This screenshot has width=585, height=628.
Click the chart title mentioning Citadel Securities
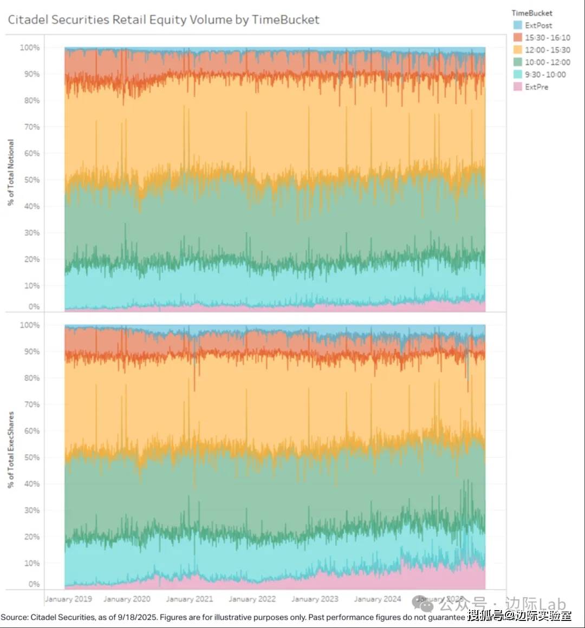click(x=163, y=20)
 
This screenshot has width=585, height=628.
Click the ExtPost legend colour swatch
click(x=517, y=25)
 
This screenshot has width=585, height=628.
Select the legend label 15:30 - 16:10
click(x=547, y=38)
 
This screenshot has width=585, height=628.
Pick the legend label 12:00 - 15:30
click(x=547, y=50)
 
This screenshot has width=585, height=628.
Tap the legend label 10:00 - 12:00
click(x=547, y=62)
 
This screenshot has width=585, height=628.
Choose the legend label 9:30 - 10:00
click(x=545, y=75)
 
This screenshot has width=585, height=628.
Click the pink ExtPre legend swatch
click(x=517, y=87)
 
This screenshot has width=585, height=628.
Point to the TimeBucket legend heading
click(x=532, y=13)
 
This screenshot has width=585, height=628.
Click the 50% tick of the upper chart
click(x=32, y=180)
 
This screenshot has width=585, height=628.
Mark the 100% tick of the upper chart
click(x=30, y=48)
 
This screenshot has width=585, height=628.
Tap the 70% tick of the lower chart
click(x=32, y=404)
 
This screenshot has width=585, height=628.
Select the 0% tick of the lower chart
click(x=34, y=584)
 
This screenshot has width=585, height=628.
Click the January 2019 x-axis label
click(x=68, y=599)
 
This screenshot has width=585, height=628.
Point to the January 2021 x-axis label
click(x=189, y=599)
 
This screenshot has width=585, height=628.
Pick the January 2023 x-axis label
click(x=315, y=599)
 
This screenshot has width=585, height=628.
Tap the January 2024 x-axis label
click(x=378, y=599)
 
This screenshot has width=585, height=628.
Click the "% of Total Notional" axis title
click(x=11, y=172)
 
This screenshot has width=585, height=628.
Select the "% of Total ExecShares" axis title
click(x=11, y=450)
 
